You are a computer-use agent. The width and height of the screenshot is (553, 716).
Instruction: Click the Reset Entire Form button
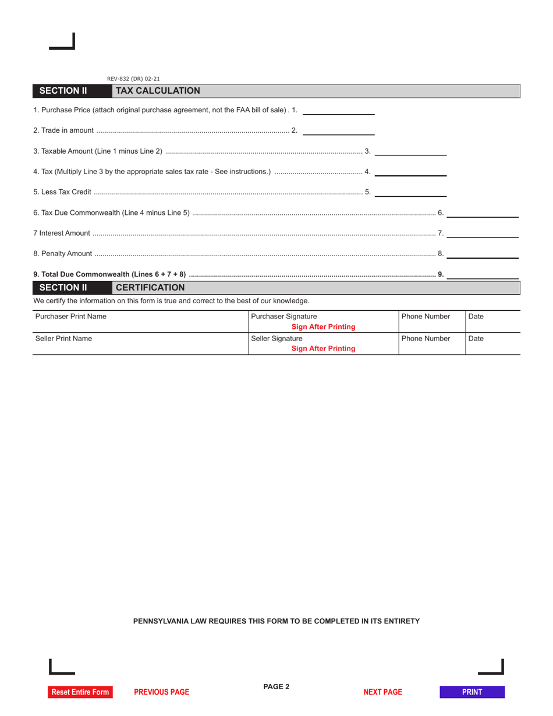tap(80, 692)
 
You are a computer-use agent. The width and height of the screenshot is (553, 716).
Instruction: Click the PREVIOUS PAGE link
tap(161, 692)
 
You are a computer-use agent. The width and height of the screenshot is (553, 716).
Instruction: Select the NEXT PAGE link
tap(382, 692)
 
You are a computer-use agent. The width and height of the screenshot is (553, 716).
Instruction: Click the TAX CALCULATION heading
tap(158, 91)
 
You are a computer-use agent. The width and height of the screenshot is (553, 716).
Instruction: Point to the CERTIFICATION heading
tap(150, 288)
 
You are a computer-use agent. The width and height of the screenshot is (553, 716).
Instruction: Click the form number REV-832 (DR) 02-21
tap(133, 79)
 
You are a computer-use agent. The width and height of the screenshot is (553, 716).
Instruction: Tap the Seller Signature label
tap(276, 338)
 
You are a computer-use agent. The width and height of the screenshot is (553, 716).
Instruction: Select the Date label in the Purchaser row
tap(476, 317)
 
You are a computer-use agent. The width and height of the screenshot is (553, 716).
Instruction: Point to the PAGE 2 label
tap(276, 687)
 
